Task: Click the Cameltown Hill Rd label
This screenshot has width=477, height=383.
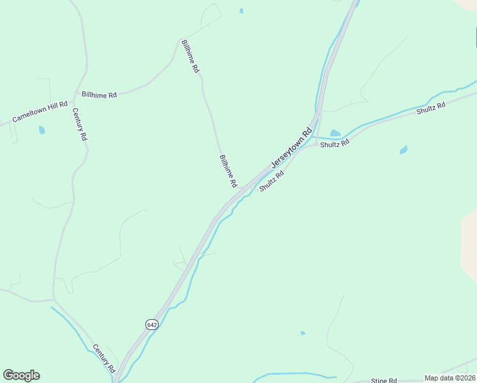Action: pyautogui.click(x=40, y=112)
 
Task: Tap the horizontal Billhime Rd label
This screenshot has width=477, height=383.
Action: pyautogui.click(x=99, y=95)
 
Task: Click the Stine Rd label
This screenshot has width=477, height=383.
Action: pyautogui.click(x=384, y=380)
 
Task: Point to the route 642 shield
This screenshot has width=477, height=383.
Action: pyautogui.click(x=151, y=324)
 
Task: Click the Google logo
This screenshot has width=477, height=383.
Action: pyautogui.click(x=21, y=375)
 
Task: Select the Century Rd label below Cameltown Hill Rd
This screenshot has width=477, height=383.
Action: pyautogui.click(x=79, y=124)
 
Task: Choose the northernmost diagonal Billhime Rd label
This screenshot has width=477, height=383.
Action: pyautogui.click(x=190, y=56)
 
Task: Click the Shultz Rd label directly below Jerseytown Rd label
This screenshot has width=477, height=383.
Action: pyautogui.click(x=272, y=181)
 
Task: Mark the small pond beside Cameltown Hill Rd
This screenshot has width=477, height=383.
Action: pyautogui.click(x=41, y=130)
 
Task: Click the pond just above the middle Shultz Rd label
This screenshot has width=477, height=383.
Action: pyautogui.click(x=335, y=133)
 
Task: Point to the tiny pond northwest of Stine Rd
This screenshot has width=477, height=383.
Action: pyautogui.click(x=302, y=333)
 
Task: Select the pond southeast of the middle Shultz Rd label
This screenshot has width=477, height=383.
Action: pyautogui.click(x=403, y=150)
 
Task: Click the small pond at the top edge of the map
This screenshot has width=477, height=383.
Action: pyautogui.click(x=241, y=11)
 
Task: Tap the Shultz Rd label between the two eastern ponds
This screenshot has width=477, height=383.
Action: pyautogui.click(x=335, y=144)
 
